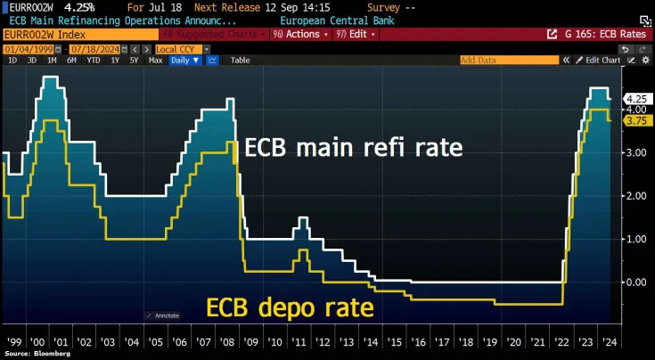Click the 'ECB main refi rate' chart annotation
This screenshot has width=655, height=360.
[x=354, y=147]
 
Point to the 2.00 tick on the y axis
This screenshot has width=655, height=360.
[x=635, y=196]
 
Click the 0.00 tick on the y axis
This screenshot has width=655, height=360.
[x=635, y=282]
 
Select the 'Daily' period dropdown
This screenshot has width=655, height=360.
[x=184, y=60]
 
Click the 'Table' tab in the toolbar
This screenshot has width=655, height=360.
[x=241, y=60]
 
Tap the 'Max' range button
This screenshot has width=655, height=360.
[x=155, y=60]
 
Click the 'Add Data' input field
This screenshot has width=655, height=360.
[x=508, y=60]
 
